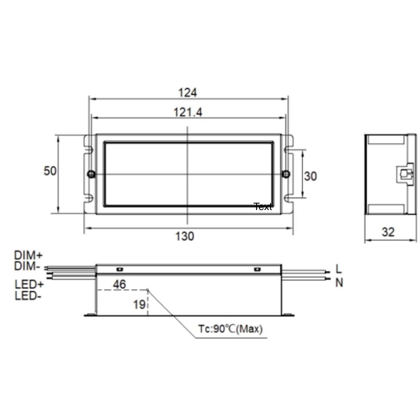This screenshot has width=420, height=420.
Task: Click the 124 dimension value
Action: click(187, 93)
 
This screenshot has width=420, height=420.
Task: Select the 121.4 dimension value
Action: click(188, 112)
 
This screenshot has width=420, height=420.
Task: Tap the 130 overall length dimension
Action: click(184, 236)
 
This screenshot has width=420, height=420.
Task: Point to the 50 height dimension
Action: click(50, 171)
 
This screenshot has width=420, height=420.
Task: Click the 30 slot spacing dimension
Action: click(310, 176)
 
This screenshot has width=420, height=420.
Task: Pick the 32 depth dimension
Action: click(388, 232)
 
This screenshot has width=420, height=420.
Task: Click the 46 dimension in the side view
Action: click(119, 284)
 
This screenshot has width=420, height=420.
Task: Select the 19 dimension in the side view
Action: click(139, 304)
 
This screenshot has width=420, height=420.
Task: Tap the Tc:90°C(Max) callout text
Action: click(230, 328)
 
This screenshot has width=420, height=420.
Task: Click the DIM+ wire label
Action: click(28, 255)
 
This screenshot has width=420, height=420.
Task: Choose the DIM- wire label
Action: click(27, 266)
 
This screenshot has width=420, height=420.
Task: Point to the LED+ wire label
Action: click(29, 284)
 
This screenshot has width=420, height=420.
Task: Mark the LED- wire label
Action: click(28, 296)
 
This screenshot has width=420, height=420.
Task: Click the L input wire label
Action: click(339, 269)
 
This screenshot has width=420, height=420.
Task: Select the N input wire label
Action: click(339, 282)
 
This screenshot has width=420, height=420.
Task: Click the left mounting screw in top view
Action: click(92, 174)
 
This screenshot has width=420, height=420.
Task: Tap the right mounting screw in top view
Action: click(286, 174)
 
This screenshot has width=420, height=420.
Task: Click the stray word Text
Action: click(263, 207)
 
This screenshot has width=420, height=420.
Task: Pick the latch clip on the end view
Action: click(405, 174)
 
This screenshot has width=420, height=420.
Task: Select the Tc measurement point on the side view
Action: click(148, 290)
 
